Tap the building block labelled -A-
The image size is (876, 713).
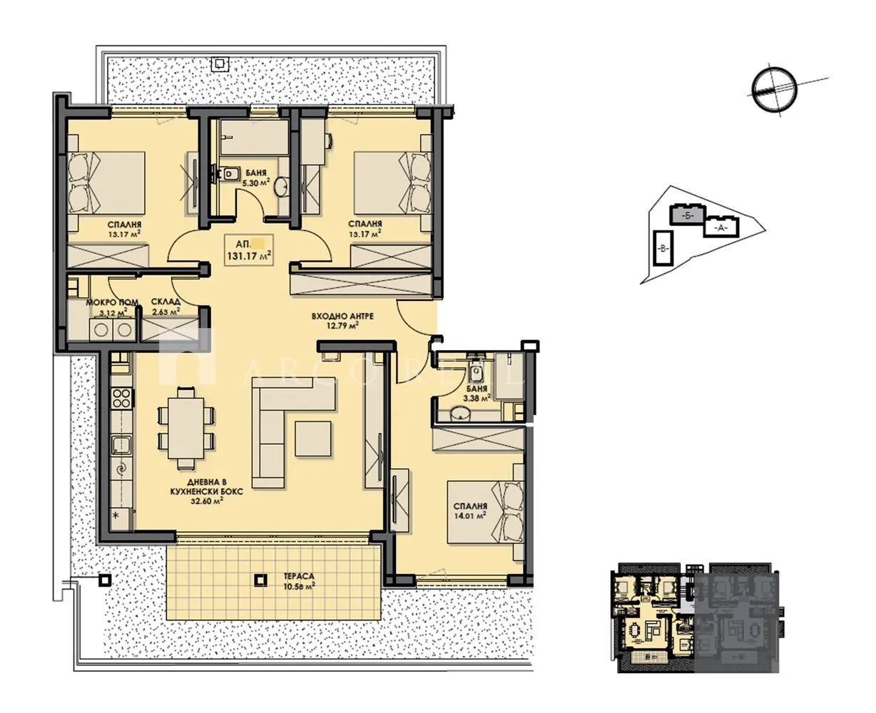pos(720,227)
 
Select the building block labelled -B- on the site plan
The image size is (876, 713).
pos(662,248)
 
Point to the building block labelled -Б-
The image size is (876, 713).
pos(686,214)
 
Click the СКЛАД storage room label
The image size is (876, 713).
pos(165,302)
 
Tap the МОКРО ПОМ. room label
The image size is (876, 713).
pos(107,302)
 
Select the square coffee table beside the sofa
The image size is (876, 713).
pos(313,440)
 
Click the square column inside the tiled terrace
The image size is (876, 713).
pos(262,580)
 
